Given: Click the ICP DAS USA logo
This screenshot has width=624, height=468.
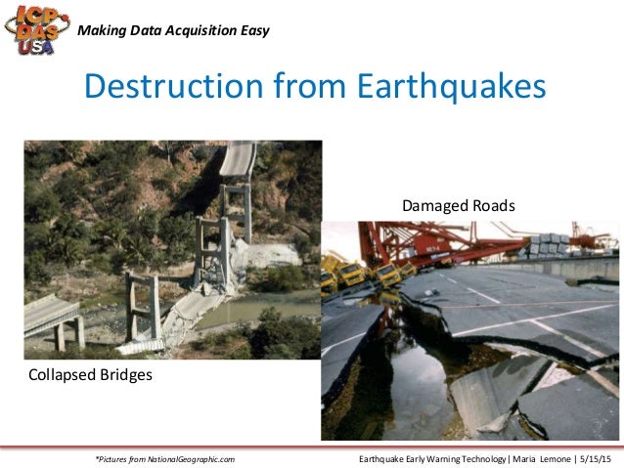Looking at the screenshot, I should pyautogui.click(x=36, y=31).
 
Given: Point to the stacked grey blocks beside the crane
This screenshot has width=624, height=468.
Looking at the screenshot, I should pyautogui.click(x=549, y=245).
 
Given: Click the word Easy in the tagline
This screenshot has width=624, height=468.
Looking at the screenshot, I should pyautogui.click(x=253, y=30).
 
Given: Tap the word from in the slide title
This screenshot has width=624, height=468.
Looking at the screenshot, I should pyautogui.click(x=294, y=87).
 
